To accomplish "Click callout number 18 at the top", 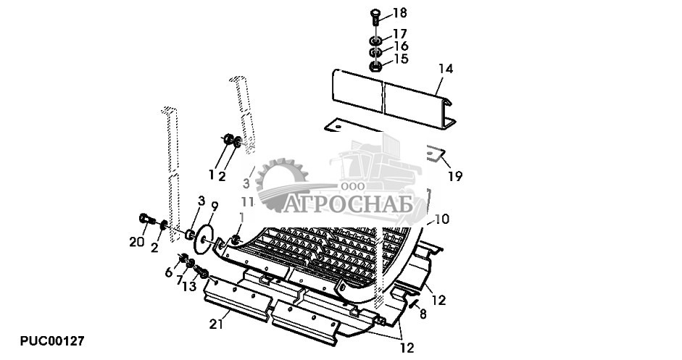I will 399,13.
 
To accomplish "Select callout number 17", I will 399,34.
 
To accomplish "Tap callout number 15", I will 400,59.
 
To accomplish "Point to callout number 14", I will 445,69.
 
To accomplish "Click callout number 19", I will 454,176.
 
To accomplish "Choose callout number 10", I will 442,218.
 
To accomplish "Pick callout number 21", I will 215,325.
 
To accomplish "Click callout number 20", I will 137,242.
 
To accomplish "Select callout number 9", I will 214,206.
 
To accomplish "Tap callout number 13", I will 189,287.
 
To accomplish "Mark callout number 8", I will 423,315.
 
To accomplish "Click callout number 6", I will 169,272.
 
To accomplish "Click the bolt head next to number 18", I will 375,14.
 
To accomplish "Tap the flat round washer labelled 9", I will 205,240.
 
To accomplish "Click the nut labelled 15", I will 376,67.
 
